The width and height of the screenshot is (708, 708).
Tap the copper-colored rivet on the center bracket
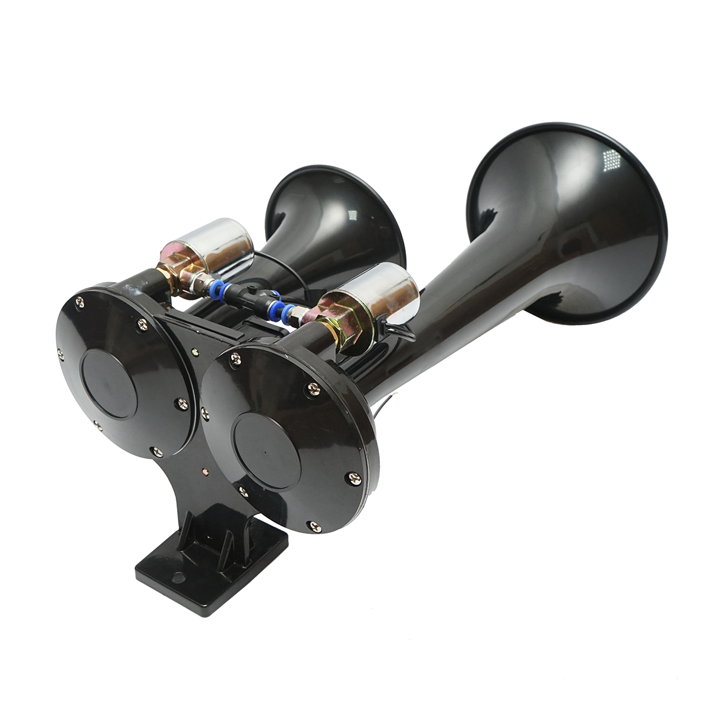pos(204,438)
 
